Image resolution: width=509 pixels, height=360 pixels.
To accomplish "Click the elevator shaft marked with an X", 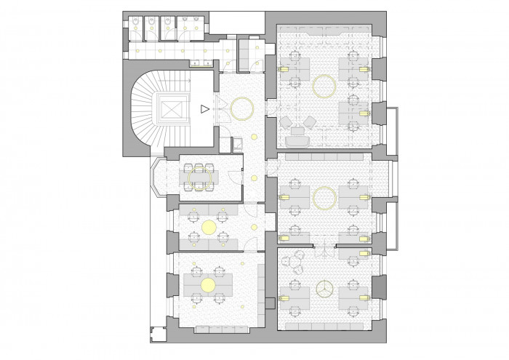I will [x=172, y=109].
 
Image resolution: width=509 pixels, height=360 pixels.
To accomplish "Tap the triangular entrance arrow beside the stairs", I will [x=205, y=109].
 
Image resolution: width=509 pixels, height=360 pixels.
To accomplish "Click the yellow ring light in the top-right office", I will [x=324, y=87].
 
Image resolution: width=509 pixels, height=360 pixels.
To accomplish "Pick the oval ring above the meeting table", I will [x=200, y=176].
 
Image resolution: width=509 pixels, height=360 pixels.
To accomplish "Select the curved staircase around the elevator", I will [x=145, y=109].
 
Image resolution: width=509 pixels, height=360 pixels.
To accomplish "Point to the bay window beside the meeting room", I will [x=159, y=178].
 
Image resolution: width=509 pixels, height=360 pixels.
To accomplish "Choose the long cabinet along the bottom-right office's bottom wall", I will [x=324, y=326].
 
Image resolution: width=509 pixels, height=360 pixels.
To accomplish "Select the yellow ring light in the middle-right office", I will [x=323, y=197].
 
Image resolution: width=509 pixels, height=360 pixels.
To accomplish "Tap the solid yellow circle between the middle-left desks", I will [x=209, y=228].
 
